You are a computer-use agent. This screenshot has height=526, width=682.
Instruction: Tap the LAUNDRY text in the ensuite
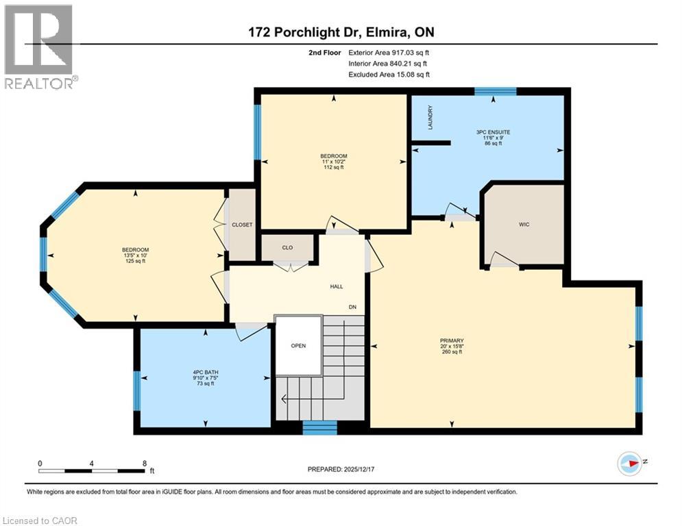pos(430,116)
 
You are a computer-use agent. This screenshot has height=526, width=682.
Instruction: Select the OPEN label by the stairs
pos(298,346)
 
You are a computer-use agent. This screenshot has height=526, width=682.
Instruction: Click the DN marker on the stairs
pos(352,307)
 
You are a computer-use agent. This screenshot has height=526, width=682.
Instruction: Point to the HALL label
pos(336,287)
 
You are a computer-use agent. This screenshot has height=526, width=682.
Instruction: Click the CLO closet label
pos(287,248)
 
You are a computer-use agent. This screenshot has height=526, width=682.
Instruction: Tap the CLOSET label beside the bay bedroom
pos(242,225)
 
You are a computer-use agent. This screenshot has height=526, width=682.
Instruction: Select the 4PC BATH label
pos(205,373)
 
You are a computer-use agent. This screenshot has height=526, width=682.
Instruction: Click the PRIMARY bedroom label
pos(452,341)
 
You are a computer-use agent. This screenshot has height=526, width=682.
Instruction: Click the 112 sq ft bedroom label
pos(334,167)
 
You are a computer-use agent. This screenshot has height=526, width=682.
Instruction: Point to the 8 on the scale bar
pos(144,463)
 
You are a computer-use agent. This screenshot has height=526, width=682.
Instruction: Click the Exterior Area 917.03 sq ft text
pos(389,52)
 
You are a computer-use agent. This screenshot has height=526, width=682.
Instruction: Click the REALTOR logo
pos(40,47)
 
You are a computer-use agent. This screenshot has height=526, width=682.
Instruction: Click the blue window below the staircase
pos(319,428)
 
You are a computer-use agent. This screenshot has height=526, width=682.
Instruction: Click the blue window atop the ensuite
pos(495,90)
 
